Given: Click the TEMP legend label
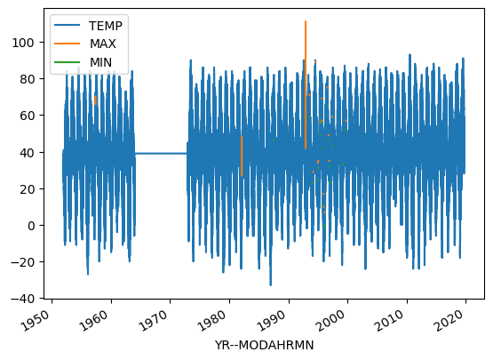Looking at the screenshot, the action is (106, 26).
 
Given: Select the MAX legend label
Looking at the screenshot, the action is (103, 44).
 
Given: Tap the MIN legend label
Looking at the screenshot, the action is (100, 62).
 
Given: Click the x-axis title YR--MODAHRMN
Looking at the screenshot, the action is (264, 345).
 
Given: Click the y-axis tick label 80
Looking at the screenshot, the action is (27, 79).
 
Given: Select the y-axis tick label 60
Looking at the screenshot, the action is (27, 116).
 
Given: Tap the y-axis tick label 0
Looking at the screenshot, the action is (30, 226).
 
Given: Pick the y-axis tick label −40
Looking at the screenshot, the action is (22, 299).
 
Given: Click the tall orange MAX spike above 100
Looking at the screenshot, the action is (306, 84).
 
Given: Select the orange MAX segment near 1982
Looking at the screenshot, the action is (242, 156).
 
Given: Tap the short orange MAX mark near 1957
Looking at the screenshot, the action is (95, 100).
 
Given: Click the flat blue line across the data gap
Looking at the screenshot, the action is (161, 154).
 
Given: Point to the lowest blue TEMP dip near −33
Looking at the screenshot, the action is (270, 284).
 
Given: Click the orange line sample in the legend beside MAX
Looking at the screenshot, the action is (67, 44).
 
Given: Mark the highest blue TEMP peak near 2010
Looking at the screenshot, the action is (410, 55).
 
